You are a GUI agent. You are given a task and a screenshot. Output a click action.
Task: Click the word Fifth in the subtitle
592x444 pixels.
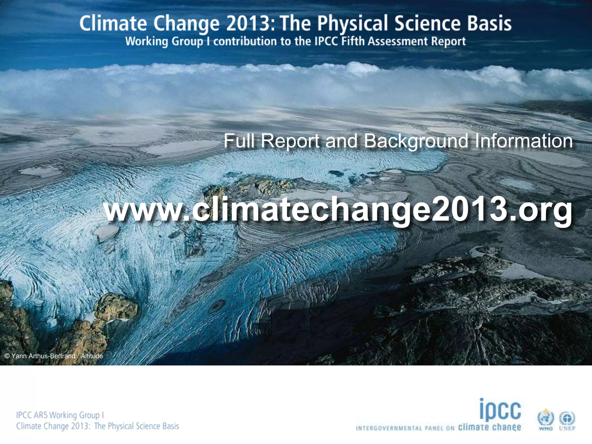353,41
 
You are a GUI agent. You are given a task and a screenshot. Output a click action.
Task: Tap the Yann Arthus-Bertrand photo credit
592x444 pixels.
54,356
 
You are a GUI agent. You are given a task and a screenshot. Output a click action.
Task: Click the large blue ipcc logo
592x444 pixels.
500,410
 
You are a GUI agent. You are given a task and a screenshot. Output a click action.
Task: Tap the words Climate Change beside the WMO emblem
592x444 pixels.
490,428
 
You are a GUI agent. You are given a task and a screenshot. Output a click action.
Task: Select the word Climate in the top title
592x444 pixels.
113,24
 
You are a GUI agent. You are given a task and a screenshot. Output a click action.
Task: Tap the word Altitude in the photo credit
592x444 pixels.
92,356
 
